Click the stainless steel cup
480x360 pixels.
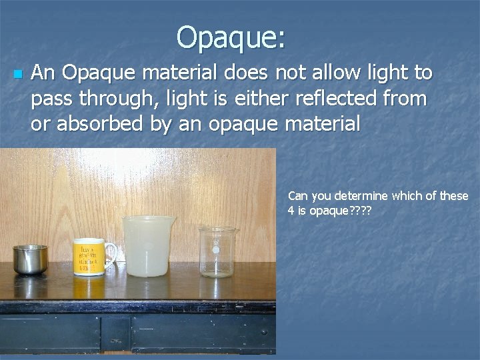pyautogui.click(x=30, y=259)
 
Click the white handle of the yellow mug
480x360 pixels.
pyautogui.click(x=112, y=253)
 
